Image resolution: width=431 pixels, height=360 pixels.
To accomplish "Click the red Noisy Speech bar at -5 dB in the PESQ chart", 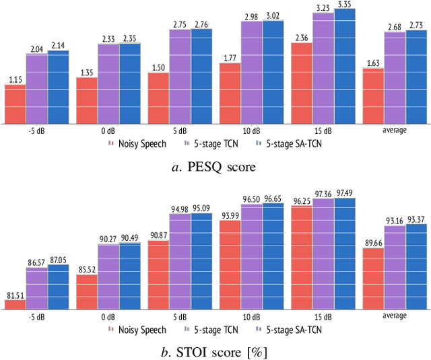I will tap(15, 104).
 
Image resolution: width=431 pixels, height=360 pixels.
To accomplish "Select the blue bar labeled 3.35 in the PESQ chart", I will tap(345, 66).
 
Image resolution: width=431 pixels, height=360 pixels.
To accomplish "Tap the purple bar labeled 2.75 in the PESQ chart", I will tap(180, 77).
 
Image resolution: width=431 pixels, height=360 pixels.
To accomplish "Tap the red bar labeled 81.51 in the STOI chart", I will tap(15, 305).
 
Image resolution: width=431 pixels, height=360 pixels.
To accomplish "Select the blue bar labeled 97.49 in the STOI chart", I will tap(345, 254).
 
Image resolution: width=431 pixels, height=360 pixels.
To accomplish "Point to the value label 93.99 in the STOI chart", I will tap(230, 215).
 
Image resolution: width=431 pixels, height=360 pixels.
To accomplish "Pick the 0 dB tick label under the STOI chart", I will tap(108, 316).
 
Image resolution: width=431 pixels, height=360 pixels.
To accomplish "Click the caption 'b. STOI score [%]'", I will tap(215, 352).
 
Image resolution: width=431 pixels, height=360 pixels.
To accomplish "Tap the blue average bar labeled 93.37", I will tap(416, 267).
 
